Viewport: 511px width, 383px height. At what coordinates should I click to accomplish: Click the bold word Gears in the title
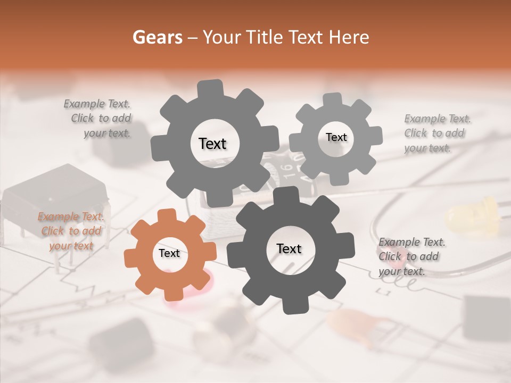(x=157, y=38)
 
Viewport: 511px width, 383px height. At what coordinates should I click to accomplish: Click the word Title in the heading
(x=263, y=38)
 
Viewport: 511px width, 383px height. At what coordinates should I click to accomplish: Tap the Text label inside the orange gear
(x=169, y=254)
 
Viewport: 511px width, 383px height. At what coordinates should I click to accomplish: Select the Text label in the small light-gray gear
(x=336, y=137)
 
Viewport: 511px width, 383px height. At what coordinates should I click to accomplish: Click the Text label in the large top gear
(x=212, y=144)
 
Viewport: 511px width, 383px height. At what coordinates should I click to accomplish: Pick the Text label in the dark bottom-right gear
(x=289, y=249)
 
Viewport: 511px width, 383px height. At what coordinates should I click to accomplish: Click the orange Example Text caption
(x=71, y=231)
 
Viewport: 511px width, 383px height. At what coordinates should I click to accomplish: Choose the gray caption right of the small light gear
(x=436, y=133)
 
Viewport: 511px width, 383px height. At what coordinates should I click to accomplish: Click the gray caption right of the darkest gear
(x=411, y=257)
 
